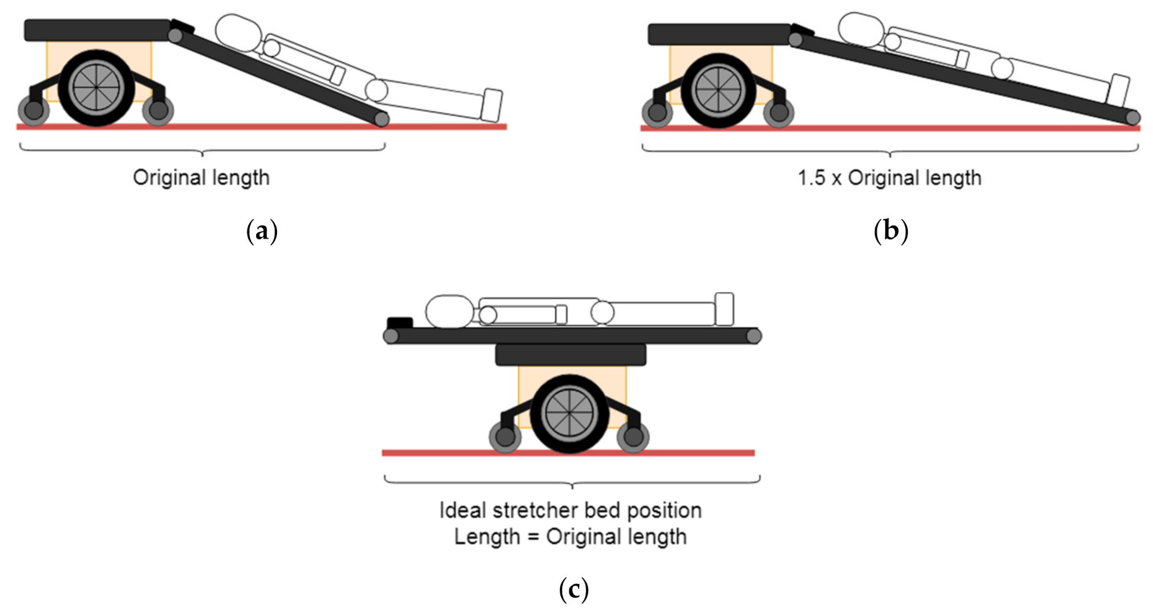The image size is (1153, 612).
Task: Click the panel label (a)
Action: point(262,231)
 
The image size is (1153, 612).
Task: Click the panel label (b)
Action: point(890,231)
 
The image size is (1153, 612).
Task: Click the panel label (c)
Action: point(574,589)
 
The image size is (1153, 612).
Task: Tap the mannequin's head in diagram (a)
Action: point(238,33)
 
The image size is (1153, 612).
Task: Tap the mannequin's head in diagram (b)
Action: point(862,30)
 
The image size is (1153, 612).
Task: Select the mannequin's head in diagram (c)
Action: point(450,312)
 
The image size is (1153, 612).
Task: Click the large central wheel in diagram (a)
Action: point(96,88)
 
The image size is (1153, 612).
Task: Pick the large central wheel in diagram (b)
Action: point(718,91)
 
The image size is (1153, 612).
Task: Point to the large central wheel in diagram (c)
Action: point(569,414)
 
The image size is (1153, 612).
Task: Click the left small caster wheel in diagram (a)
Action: point(34,110)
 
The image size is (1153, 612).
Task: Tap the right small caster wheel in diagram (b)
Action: point(778,112)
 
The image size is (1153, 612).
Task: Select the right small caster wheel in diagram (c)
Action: point(633,437)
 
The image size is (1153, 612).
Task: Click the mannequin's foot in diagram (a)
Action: point(491,105)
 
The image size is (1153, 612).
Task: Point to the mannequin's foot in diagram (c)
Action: point(725,309)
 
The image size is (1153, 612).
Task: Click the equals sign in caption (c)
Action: point(533,537)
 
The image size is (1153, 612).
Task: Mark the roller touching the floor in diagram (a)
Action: point(382,119)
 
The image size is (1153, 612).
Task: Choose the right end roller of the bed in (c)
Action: point(754,336)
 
